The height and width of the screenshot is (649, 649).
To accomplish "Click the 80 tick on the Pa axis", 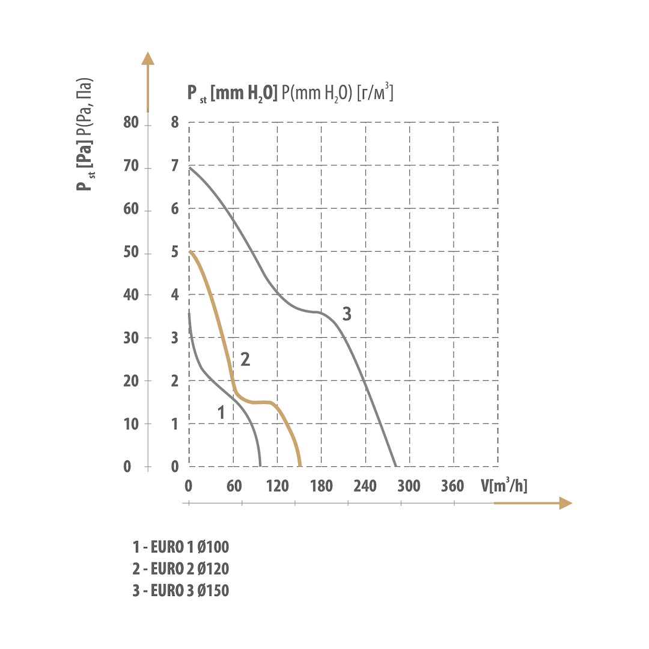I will pos(131,124).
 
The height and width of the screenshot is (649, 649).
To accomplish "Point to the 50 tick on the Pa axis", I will pos(131,253).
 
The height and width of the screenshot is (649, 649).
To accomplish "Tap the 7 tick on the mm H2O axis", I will pos(175,167).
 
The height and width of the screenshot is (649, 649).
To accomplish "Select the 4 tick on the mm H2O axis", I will pos(175,296).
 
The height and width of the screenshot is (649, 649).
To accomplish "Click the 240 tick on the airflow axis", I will pos(366,486).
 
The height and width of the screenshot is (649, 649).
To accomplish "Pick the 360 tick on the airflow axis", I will pos(452,486).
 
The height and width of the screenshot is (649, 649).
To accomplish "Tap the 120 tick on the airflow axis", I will pos(277,486).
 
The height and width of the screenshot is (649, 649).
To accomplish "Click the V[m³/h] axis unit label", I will pos(504,485).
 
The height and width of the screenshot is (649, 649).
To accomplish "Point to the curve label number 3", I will pos(347,313).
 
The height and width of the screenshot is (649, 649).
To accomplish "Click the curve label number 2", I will pos(245,359).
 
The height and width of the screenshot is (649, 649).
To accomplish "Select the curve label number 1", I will pos(221,413).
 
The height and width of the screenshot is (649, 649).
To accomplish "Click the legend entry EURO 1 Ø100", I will pos(181,547).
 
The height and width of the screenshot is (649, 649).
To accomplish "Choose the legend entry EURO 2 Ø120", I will pos(181,569).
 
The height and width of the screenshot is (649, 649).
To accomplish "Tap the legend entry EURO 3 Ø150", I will pos(181,591).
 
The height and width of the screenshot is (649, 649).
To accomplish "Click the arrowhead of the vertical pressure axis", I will pos(148,58).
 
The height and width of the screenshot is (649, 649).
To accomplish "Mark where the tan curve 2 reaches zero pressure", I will pos(300,466).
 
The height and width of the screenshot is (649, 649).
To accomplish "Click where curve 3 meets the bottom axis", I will pos(396,466).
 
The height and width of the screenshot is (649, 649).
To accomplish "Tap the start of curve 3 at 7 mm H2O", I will pos(190,168).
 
